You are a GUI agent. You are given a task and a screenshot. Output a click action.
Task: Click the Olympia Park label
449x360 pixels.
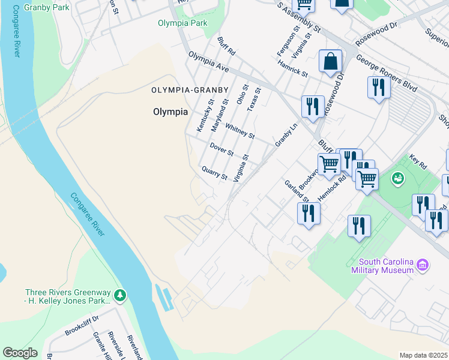coord(182,23)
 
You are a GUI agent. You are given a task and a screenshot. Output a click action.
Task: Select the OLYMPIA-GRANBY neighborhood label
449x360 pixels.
coord(190,90)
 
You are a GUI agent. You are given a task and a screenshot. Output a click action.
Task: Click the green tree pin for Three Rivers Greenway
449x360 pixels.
coord(121,295)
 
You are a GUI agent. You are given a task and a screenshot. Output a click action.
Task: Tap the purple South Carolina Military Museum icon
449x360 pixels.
coord(423,265)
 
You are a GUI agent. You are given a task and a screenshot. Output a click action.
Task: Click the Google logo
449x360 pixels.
coord(20,353)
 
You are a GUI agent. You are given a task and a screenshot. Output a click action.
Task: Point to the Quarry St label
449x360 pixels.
coord(214,173)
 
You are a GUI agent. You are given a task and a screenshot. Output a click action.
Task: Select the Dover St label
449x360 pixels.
coord(221,149)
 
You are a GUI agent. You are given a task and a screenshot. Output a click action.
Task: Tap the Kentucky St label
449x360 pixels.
coord(205,116)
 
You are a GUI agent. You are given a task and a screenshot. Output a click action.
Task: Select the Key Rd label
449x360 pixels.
coord(418,163)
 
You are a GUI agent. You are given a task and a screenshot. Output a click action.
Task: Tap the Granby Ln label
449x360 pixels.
coord(286,136)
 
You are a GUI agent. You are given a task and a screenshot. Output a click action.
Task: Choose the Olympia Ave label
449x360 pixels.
coord(209,62)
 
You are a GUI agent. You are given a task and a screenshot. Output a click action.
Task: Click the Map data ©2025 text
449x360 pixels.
coord(423,355)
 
